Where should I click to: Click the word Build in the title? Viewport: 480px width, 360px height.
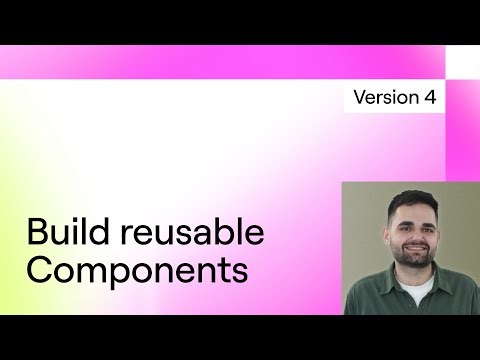(66, 233)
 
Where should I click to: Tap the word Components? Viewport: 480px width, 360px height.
(136, 270)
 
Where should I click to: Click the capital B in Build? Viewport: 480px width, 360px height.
(35, 233)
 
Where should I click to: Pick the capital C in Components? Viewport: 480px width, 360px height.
(38, 270)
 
